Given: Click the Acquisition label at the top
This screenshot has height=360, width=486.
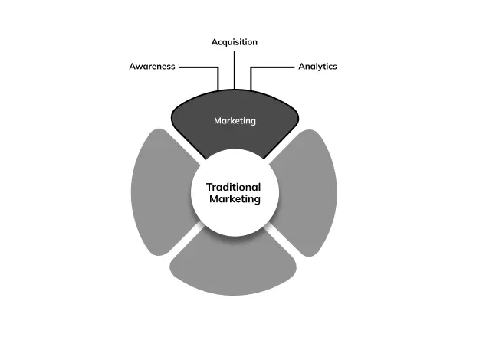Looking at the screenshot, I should pyautogui.click(x=234, y=42).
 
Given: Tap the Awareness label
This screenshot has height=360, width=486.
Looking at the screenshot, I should pyautogui.click(x=152, y=67).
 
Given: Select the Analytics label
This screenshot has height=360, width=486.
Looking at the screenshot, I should pyautogui.click(x=317, y=67).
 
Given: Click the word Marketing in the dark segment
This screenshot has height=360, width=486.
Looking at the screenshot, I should pyautogui.click(x=235, y=121).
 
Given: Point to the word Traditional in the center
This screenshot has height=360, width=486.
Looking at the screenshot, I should pyautogui.click(x=234, y=187).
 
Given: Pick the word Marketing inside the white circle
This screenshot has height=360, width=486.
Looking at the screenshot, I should pyautogui.click(x=235, y=199).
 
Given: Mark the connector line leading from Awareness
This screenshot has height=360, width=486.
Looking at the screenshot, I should pyautogui.click(x=198, y=67).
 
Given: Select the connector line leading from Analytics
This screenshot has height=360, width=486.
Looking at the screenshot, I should pyautogui.click(x=272, y=67).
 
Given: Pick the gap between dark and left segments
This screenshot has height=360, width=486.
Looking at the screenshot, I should pyautogui.click(x=186, y=146).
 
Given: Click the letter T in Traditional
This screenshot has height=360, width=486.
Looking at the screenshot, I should pyautogui.click(x=209, y=187).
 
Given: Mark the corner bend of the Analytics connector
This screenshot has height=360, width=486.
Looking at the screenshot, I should pyautogui.click(x=251, y=67).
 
